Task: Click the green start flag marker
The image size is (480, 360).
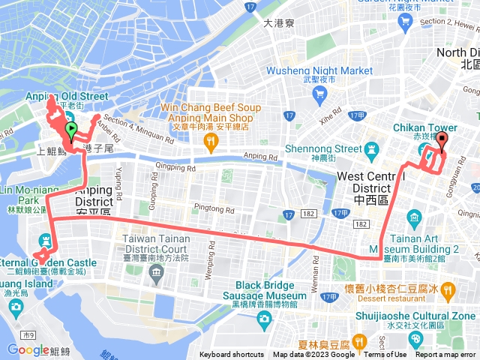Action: coord(70,131)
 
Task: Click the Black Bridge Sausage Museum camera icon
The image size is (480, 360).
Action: coord(264,319)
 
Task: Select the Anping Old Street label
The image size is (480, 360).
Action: coord(56,96)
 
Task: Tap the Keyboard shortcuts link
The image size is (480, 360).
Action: coord(232,355)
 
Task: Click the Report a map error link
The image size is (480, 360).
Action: coord(445,355)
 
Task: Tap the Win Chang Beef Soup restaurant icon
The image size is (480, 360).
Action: coord(212,139)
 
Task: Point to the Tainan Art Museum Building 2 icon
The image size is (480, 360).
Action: coord(415,218)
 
